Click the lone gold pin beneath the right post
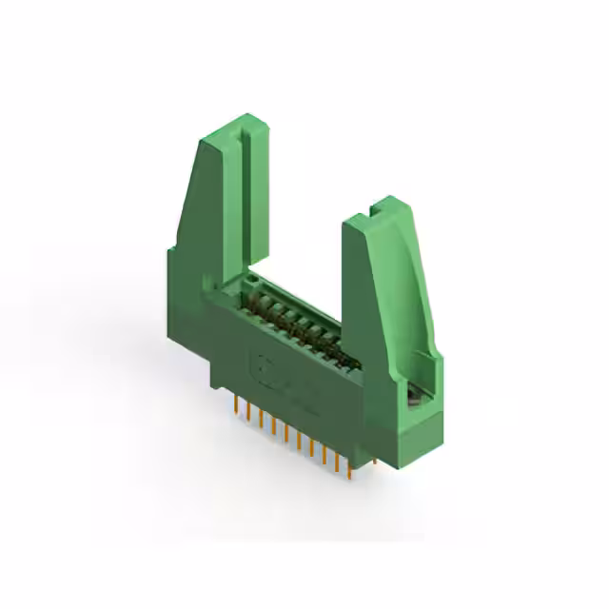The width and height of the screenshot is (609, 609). (373, 462)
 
